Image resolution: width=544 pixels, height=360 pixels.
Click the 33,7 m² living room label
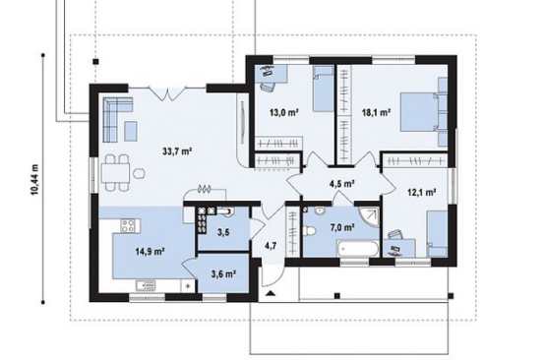(x=177, y=151)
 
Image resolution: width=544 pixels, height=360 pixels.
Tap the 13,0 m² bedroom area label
(x=284, y=112)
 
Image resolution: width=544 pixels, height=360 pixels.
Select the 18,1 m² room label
(x=377, y=112)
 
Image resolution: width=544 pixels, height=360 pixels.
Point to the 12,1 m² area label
(x=422, y=192)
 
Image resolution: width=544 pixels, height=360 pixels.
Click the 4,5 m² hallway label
(x=341, y=184)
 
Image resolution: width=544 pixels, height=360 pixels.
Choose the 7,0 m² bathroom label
(x=341, y=227)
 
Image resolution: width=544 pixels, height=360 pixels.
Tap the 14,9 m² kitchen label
(x=150, y=252)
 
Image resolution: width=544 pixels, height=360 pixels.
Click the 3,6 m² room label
(x=223, y=274)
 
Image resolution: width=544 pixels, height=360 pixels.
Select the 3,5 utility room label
(x=223, y=232)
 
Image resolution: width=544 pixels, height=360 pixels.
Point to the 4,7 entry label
(x=271, y=246)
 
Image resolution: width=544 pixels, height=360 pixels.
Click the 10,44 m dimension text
(x=35, y=180)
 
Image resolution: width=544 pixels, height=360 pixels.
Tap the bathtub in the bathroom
(x=357, y=249)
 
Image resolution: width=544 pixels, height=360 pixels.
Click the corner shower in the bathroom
(x=369, y=217)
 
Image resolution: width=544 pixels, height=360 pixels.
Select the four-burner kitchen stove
(x=131, y=225)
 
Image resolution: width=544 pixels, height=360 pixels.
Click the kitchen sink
(x=146, y=285)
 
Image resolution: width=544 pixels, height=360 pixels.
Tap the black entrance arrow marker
(x=271, y=294)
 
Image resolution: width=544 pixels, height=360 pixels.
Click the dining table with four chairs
(x=116, y=173)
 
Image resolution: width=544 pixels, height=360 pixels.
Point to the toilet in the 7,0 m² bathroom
(x=309, y=230)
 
